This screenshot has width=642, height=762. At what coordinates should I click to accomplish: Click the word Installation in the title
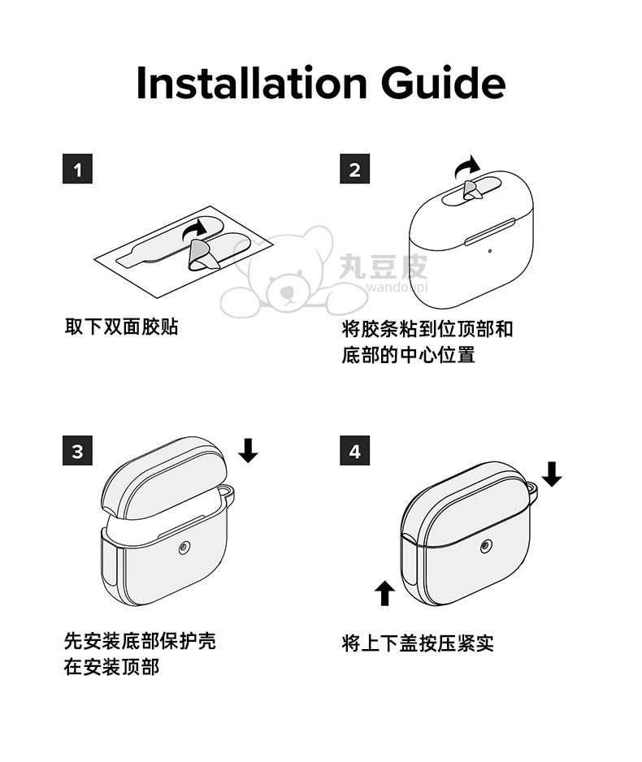[251, 83]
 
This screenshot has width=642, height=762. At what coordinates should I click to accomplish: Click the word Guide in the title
[443, 83]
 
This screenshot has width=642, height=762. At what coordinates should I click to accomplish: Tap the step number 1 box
[77, 169]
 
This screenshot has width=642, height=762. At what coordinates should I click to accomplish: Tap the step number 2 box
[355, 169]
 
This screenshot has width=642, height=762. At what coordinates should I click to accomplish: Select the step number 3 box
[77, 451]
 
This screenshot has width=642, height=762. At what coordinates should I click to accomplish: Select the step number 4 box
[355, 451]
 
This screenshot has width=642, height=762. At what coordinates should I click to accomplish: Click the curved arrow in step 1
[194, 228]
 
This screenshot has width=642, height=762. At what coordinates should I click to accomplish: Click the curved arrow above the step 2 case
[466, 167]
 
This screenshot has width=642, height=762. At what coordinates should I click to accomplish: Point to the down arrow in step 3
[248, 450]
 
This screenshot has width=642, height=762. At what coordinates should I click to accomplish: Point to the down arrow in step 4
[552, 474]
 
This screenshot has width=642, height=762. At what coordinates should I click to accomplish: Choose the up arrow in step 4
[385, 593]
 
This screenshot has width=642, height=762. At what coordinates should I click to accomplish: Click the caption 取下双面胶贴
[122, 327]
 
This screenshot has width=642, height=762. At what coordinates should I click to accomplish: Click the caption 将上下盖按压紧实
[418, 643]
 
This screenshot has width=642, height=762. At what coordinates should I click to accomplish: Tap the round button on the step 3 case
[184, 548]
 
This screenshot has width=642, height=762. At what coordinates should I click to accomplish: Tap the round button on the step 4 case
[486, 547]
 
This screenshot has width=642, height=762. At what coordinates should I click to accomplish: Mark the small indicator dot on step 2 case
[489, 251]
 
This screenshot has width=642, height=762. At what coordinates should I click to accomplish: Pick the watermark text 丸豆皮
[384, 266]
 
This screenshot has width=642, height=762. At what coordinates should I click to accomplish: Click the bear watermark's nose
[287, 292]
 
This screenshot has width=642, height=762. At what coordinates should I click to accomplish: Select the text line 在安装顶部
[112, 667]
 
